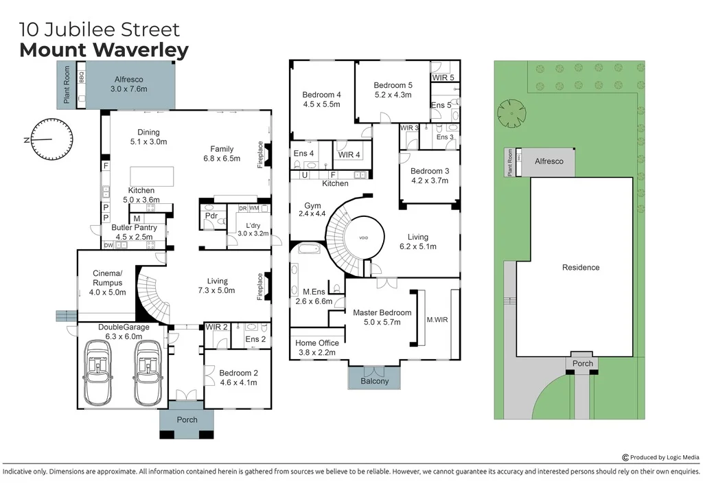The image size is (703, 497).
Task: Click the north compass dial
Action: click(x=52, y=139)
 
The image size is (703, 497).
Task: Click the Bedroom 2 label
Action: click(x=238, y=378)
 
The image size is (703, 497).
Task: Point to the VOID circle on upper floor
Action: click(x=364, y=238)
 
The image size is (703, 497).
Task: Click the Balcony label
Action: click(x=374, y=382)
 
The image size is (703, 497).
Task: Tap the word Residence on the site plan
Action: click(x=581, y=268)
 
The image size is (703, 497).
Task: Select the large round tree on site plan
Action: click(x=511, y=113)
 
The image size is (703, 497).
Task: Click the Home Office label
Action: click(x=317, y=348)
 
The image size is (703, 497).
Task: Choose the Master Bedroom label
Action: click(x=382, y=317)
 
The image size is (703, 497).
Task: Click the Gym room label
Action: click(x=312, y=210)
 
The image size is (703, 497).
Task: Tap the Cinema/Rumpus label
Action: click(x=107, y=283)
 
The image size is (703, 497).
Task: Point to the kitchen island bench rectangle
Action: click(x=152, y=176)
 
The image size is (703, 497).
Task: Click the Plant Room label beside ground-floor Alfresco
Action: click(x=67, y=84)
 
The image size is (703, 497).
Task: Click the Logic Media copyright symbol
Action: click(x=625, y=458)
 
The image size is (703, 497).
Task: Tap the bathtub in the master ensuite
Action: click(x=308, y=249)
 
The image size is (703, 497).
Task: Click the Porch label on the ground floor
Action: click(x=187, y=420)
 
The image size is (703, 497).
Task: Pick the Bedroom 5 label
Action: click(x=393, y=90)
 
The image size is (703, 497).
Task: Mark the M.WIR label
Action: click(x=437, y=320)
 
